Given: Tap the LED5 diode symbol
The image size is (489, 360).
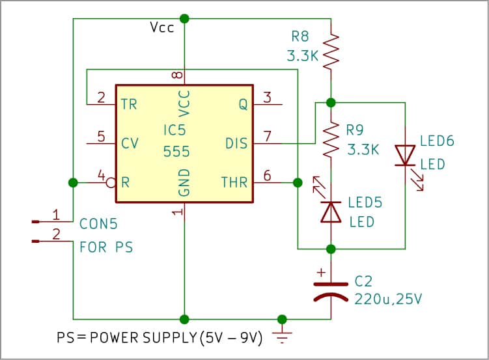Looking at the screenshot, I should tap(331, 212).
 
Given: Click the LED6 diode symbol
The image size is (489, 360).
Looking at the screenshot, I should tap(405, 156).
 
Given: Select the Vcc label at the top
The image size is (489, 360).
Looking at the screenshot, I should tap(161, 29).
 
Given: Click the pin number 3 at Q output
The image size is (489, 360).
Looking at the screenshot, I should tap(266, 98).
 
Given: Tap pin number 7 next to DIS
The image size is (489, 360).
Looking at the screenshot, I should tap(266, 137).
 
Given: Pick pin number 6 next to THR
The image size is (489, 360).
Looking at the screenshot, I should tap(266, 175).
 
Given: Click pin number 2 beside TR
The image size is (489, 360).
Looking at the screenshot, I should tap(101, 98).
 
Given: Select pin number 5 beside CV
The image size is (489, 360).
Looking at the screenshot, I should tap(101, 137).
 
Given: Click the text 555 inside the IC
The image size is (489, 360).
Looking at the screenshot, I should tap(176, 152).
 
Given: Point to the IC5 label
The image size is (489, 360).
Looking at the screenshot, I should tap(176, 131).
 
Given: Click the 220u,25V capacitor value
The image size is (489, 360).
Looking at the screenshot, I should tap(389, 299).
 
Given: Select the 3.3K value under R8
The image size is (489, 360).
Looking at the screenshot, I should tap(302, 56).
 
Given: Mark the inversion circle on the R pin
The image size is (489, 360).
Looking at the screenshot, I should tap(111, 182).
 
